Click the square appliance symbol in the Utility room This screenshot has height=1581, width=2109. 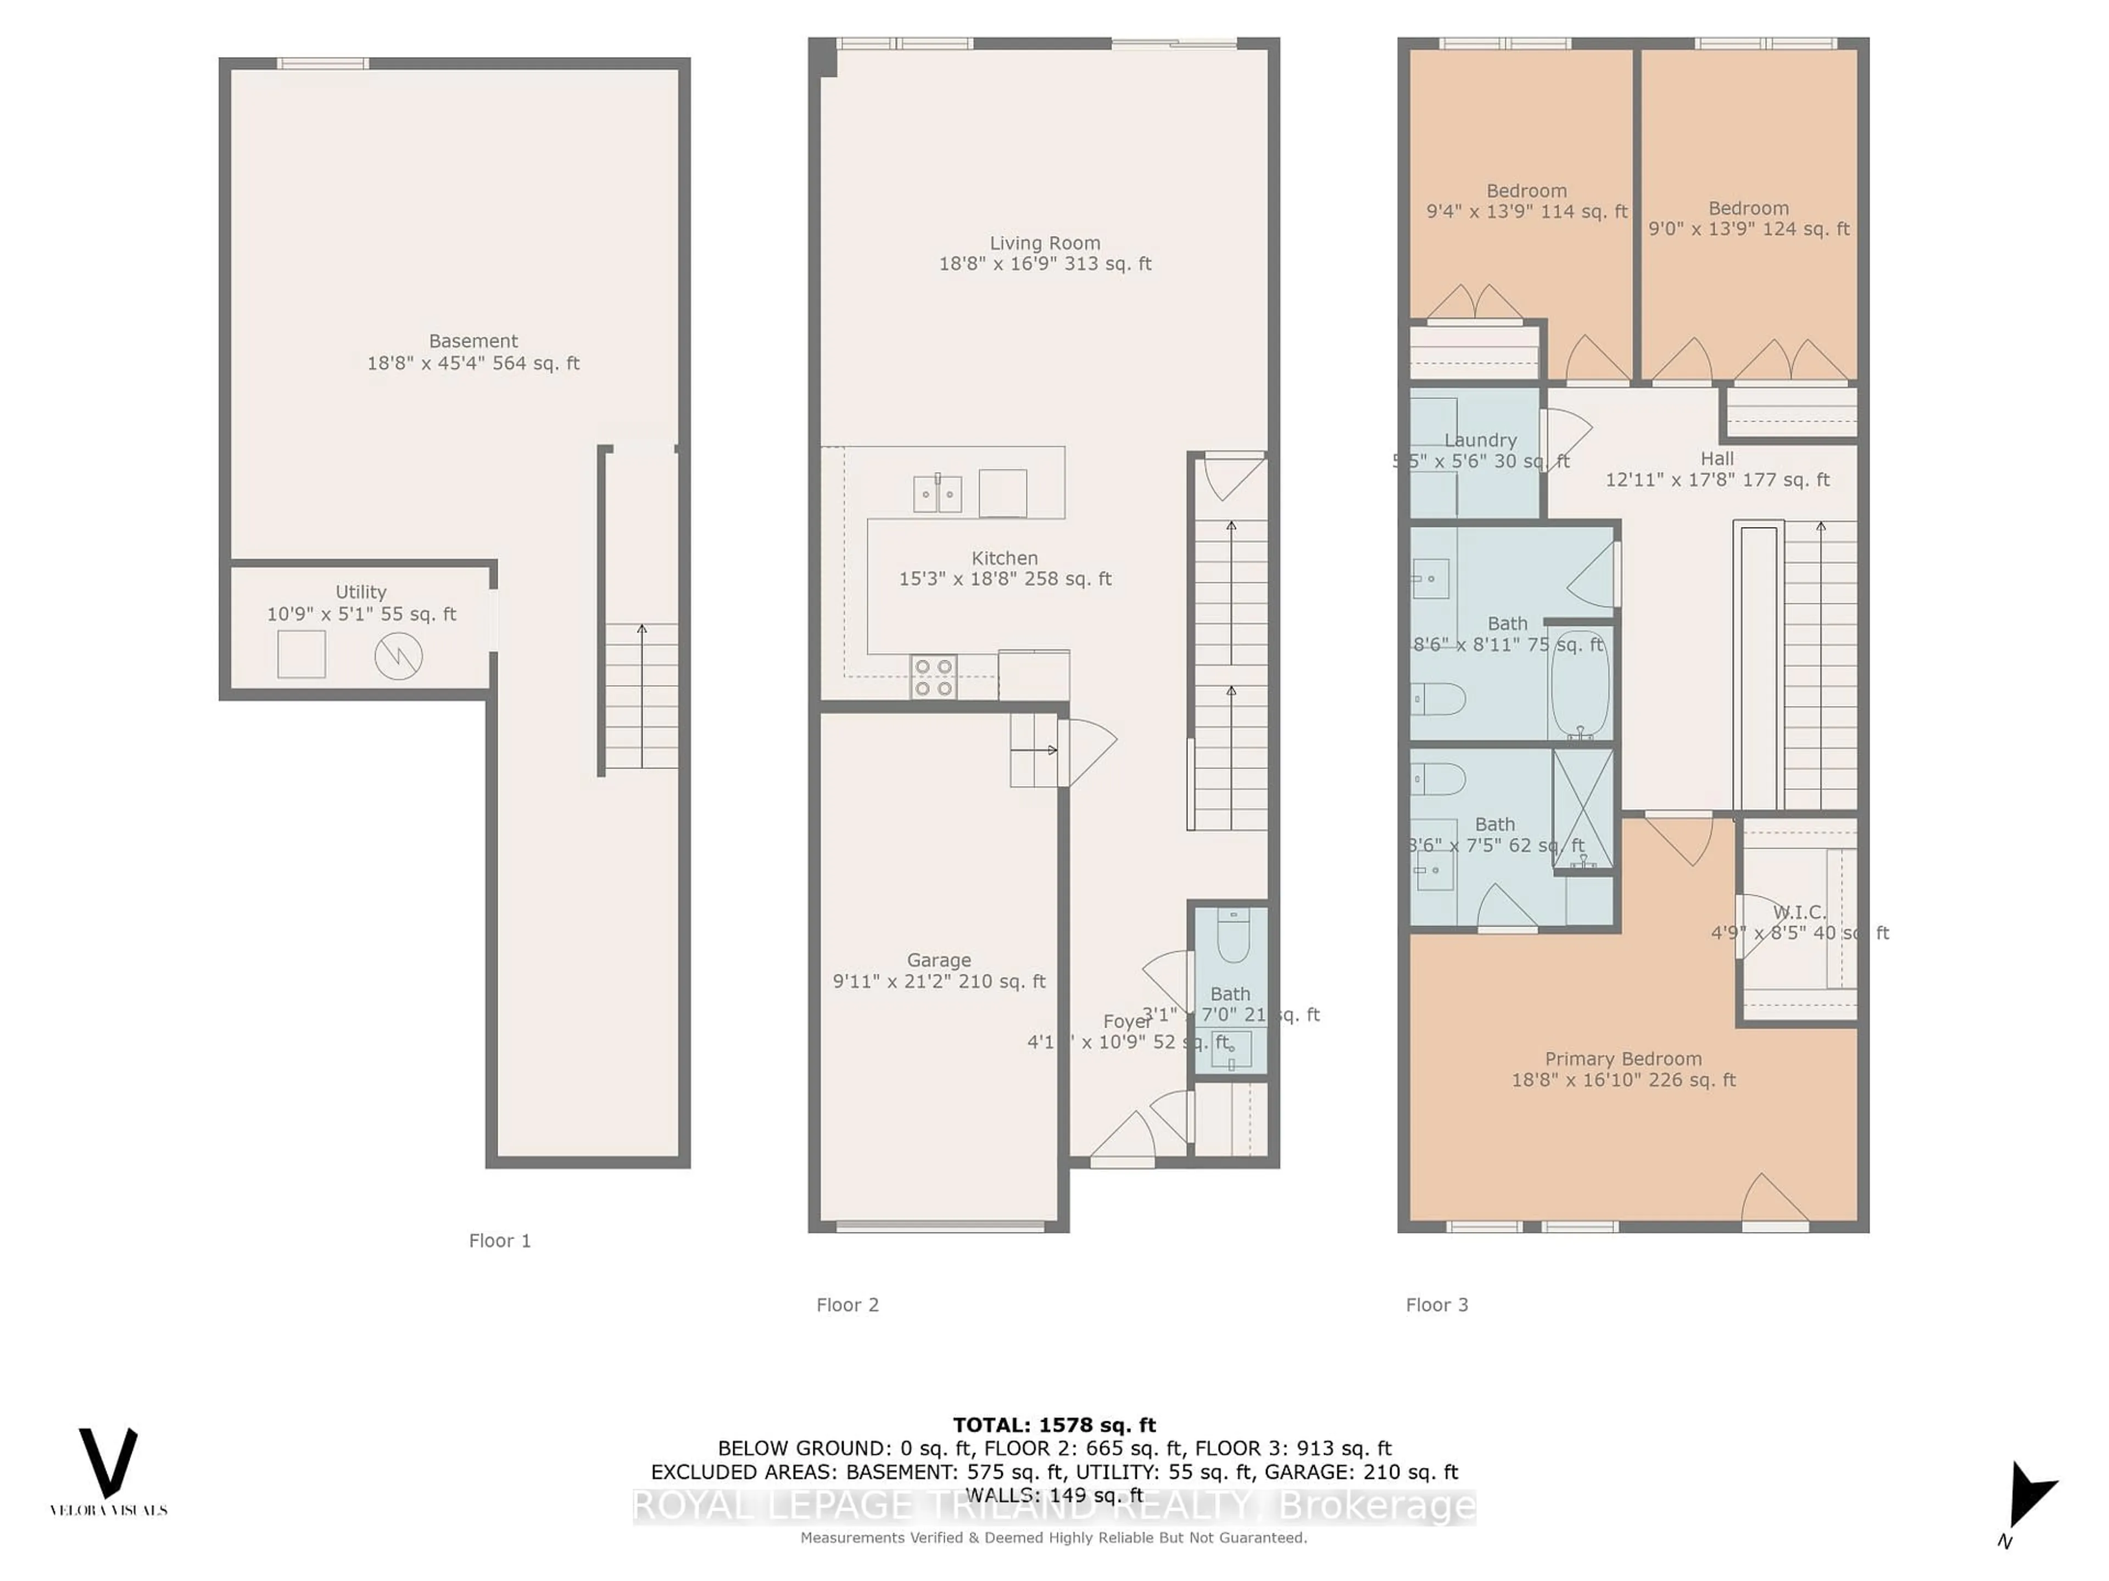[302, 655]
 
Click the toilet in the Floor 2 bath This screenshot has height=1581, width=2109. [1233, 936]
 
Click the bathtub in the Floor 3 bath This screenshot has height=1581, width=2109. [1580, 684]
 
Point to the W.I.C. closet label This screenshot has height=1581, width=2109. [1798, 912]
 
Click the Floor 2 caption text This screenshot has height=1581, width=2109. [847, 1305]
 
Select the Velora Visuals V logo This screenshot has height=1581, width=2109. [108, 1463]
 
